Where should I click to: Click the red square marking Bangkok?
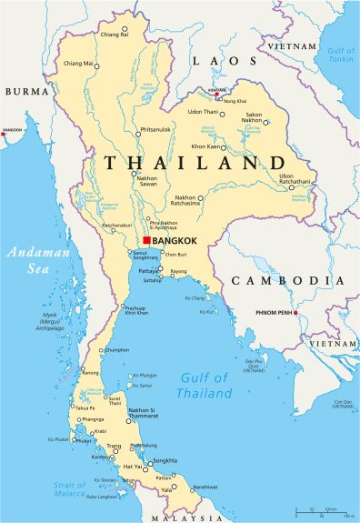(146, 240)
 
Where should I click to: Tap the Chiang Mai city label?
(78, 64)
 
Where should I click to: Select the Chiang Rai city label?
(114, 34)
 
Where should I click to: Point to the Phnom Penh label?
(268, 315)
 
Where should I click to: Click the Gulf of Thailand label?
(205, 386)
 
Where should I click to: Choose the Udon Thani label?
(205, 111)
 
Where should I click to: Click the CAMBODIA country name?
(287, 280)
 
